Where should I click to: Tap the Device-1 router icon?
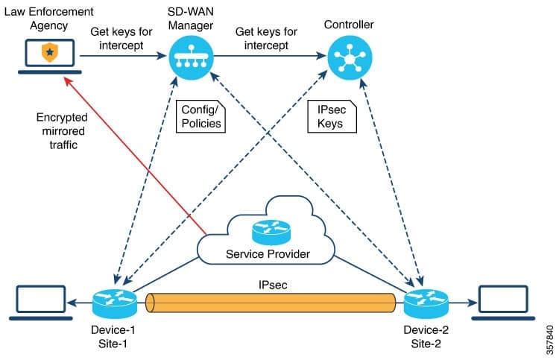click(x=114, y=303)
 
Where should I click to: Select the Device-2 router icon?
click(x=426, y=303)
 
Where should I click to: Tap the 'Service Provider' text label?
click(x=267, y=256)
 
